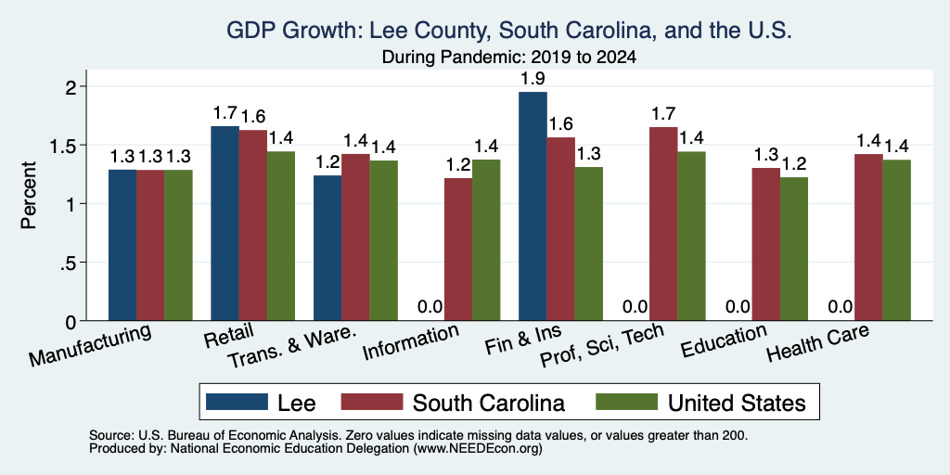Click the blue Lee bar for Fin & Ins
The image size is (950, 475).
pyautogui.click(x=533, y=206)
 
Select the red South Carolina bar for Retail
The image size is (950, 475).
pyautogui.click(x=252, y=225)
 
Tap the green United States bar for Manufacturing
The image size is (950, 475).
pyautogui.click(x=178, y=245)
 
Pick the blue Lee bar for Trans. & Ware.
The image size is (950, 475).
pyautogui.click(x=327, y=248)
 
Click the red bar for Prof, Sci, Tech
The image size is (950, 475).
pyautogui.click(x=663, y=224)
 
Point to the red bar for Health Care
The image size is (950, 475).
pyautogui.click(x=868, y=237)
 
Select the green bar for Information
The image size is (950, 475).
pyautogui.click(x=486, y=240)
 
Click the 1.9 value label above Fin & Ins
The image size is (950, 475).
pyautogui.click(x=533, y=79)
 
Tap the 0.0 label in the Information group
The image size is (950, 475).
pyautogui.click(x=430, y=307)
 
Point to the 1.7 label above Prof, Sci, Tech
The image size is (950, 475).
pyautogui.click(x=663, y=113)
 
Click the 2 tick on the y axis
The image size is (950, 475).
pyautogui.click(x=71, y=86)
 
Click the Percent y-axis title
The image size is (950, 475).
pyautogui.click(x=29, y=195)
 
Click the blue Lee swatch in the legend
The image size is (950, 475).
pyautogui.click(x=237, y=402)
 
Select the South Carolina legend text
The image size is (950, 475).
pyautogui.click(x=488, y=403)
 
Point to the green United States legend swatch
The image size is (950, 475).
pyautogui.click(x=627, y=402)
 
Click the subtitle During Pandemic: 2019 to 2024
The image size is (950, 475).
pyautogui.click(x=509, y=58)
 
